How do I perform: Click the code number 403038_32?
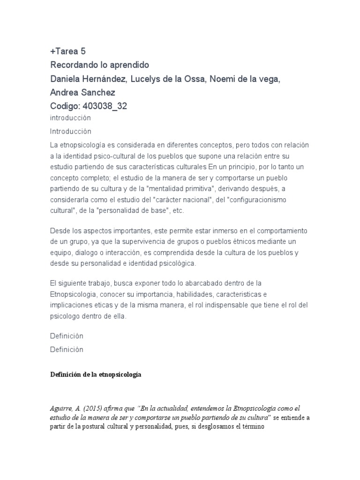[x=104, y=106]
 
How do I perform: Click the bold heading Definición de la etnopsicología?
[x=96, y=375]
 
